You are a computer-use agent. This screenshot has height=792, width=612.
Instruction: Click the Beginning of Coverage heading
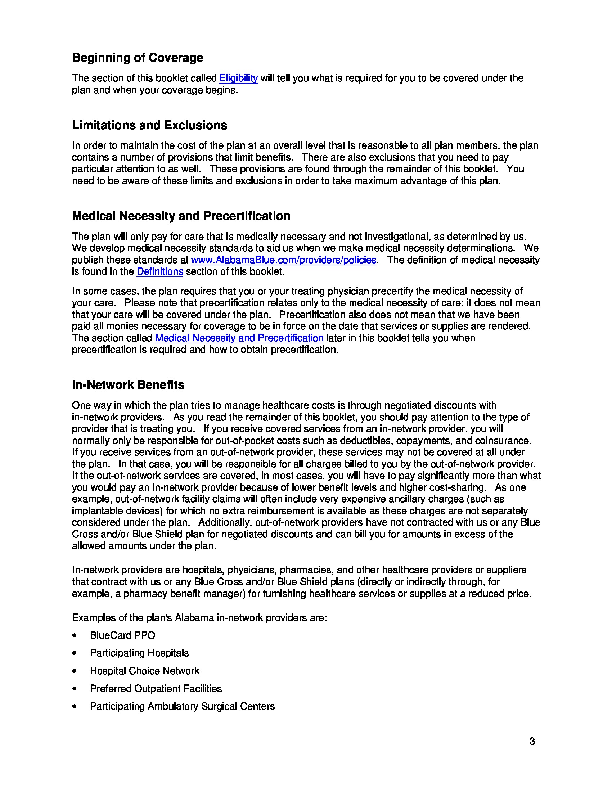pos(138,58)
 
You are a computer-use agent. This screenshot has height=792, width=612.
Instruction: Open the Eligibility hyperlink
pos(238,78)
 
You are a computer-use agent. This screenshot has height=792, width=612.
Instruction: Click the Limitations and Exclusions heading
pos(149,125)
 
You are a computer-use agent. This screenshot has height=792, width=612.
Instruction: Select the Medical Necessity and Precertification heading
pos(181,216)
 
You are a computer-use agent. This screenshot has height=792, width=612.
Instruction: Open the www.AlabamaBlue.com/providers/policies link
pos(283,260)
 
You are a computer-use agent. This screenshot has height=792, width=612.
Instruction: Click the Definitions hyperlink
pos(159,271)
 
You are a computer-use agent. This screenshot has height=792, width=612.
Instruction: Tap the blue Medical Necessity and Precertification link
pos(239,338)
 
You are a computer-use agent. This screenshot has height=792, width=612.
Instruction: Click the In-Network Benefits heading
pos(128,385)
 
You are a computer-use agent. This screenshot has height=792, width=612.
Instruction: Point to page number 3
pos(532,742)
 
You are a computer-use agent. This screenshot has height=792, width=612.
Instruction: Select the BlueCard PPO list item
pos(122,635)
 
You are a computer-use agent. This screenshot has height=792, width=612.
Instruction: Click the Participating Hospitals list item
pos(139,653)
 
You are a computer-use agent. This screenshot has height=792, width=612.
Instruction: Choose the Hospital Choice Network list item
pos(144,671)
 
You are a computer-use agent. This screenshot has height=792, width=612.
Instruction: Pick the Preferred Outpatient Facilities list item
pos(156,689)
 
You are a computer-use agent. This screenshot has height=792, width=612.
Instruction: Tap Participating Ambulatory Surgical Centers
pos(182,706)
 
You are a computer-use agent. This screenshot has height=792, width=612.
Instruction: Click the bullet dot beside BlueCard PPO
pos(75,636)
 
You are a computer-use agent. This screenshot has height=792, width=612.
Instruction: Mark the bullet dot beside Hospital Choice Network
pos(75,671)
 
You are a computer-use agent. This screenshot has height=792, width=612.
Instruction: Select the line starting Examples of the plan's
pos(199,617)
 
